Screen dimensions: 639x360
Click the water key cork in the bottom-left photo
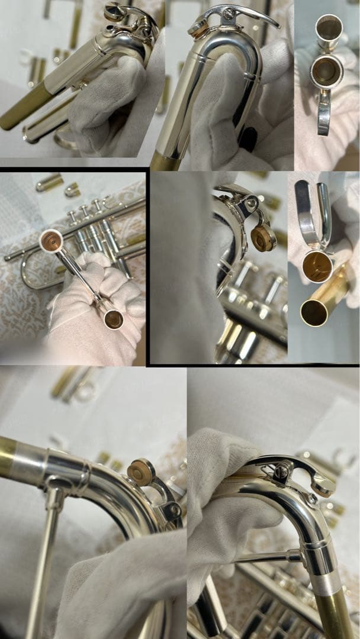[141, 472]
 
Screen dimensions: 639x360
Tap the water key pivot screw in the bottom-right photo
[282, 472]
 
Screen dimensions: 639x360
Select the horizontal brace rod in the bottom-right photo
[266, 556]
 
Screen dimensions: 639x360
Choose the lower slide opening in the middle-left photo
[113, 319]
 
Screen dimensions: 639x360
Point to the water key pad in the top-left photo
[113, 12]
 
